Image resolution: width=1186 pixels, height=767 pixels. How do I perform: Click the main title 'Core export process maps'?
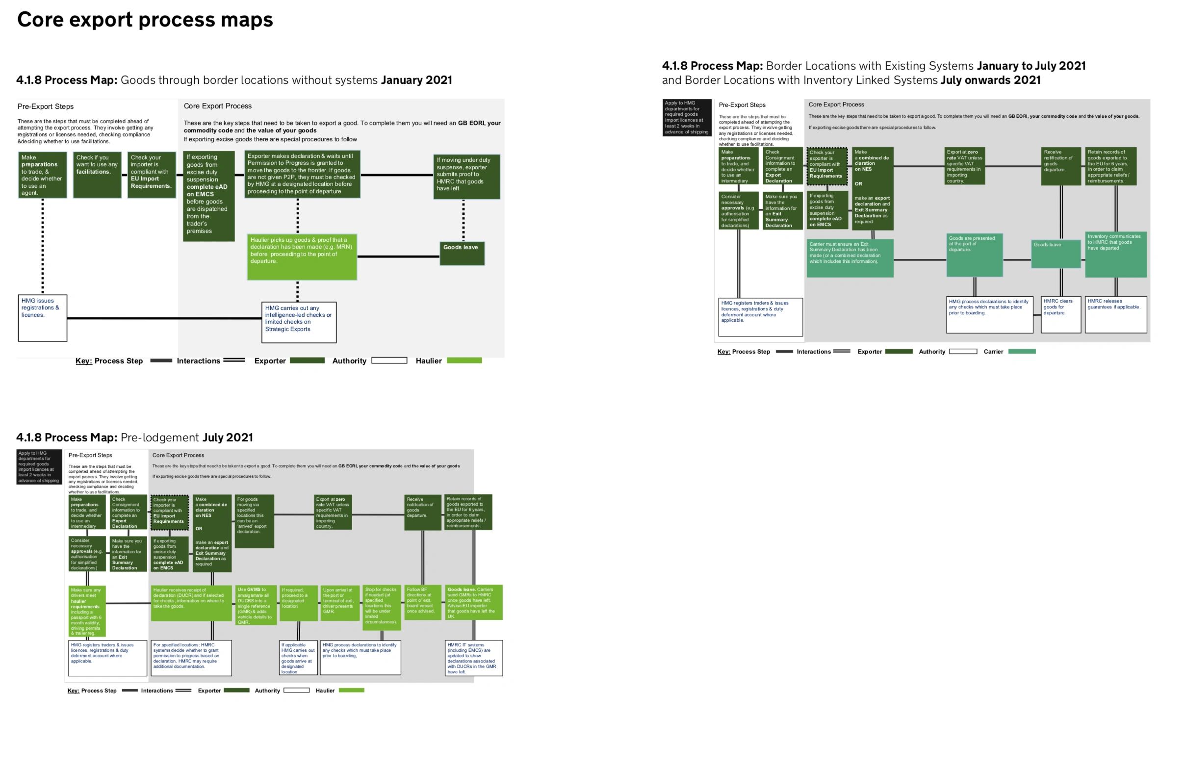point(145,20)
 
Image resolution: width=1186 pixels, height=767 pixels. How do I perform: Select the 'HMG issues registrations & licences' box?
point(42,318)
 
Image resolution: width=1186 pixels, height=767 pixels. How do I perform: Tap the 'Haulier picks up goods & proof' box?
point(302,256)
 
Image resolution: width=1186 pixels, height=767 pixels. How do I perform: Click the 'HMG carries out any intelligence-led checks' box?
point(299,322)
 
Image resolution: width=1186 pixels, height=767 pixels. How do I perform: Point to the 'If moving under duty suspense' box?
point(466,177)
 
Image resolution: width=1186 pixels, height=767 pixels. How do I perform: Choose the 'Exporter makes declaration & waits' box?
point(302,174)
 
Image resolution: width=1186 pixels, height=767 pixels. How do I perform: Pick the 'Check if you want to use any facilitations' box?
point(97,175)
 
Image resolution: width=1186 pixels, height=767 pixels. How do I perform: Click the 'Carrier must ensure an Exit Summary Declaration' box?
point(850,258)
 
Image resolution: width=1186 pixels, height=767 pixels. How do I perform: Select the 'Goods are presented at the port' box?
point(974,255)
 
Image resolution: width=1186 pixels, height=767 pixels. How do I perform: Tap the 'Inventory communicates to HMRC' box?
point(1115,254)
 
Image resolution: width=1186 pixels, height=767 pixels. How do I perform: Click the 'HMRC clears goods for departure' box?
point(1060,314)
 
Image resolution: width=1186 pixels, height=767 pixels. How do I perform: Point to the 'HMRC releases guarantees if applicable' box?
point(1115,314)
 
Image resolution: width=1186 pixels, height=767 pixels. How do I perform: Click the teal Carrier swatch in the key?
point(1021,352)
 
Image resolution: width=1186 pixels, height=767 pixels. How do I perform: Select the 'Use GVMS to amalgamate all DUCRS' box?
point(256,605)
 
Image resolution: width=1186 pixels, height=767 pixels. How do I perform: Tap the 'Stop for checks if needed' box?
point(382,607)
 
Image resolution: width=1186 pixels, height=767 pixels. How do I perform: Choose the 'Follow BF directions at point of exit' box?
point(422,602)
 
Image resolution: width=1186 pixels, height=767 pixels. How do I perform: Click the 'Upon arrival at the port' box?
point(339,602)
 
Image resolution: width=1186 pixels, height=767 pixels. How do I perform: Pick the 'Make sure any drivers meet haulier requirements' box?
point(87,611)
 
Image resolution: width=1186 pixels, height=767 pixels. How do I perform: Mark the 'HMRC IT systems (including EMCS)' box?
point(473,658)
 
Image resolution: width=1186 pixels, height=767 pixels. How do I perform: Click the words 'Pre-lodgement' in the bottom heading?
point(160,437)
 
